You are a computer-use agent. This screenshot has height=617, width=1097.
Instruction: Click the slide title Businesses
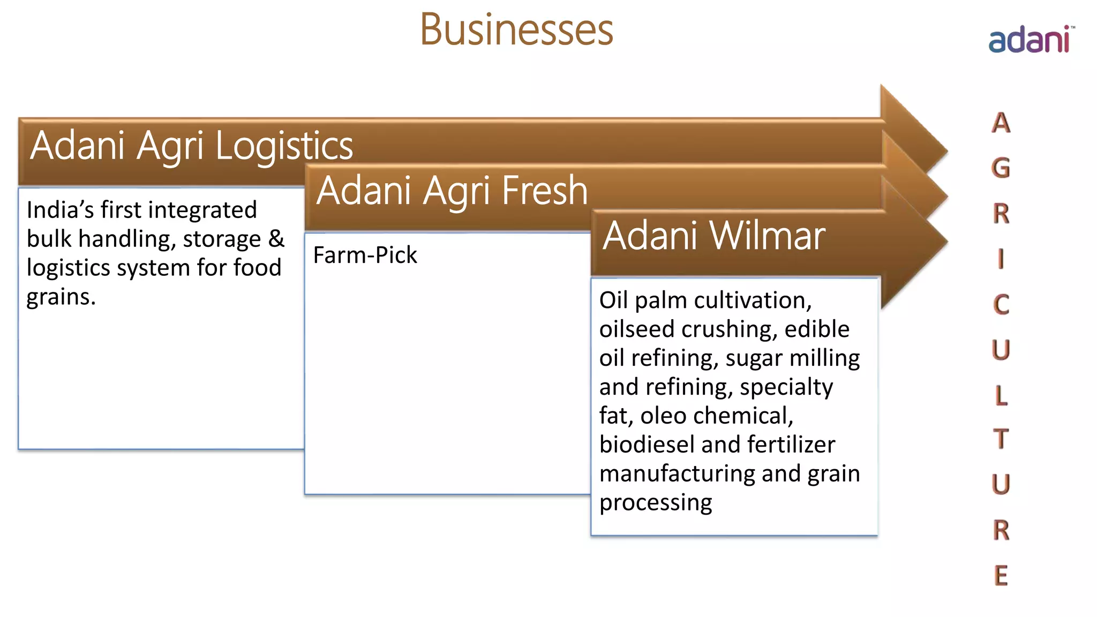[x=516, y=30]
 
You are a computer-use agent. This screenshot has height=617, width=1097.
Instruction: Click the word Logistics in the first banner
[x=284, y=146]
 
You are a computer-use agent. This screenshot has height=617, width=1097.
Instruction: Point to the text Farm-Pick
[x=365, y=255]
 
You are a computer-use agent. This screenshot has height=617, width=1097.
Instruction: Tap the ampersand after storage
[x=276, y=238]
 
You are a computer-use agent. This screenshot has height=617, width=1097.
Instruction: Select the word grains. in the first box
[x=61, y=297]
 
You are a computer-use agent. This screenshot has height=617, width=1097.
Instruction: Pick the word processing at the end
[x=656, y=503]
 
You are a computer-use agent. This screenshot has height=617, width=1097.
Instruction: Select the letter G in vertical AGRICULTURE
[x=1001, y=168]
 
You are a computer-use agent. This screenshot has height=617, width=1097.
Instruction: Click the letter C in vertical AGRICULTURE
[x=1001, y=305]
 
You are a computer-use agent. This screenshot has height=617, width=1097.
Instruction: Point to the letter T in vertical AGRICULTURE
[x=1001, y=439]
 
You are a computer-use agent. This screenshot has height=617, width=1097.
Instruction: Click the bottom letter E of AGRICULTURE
[x=1001, y=576]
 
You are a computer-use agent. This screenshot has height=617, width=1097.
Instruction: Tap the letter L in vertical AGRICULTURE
[x=1001, y=395]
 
